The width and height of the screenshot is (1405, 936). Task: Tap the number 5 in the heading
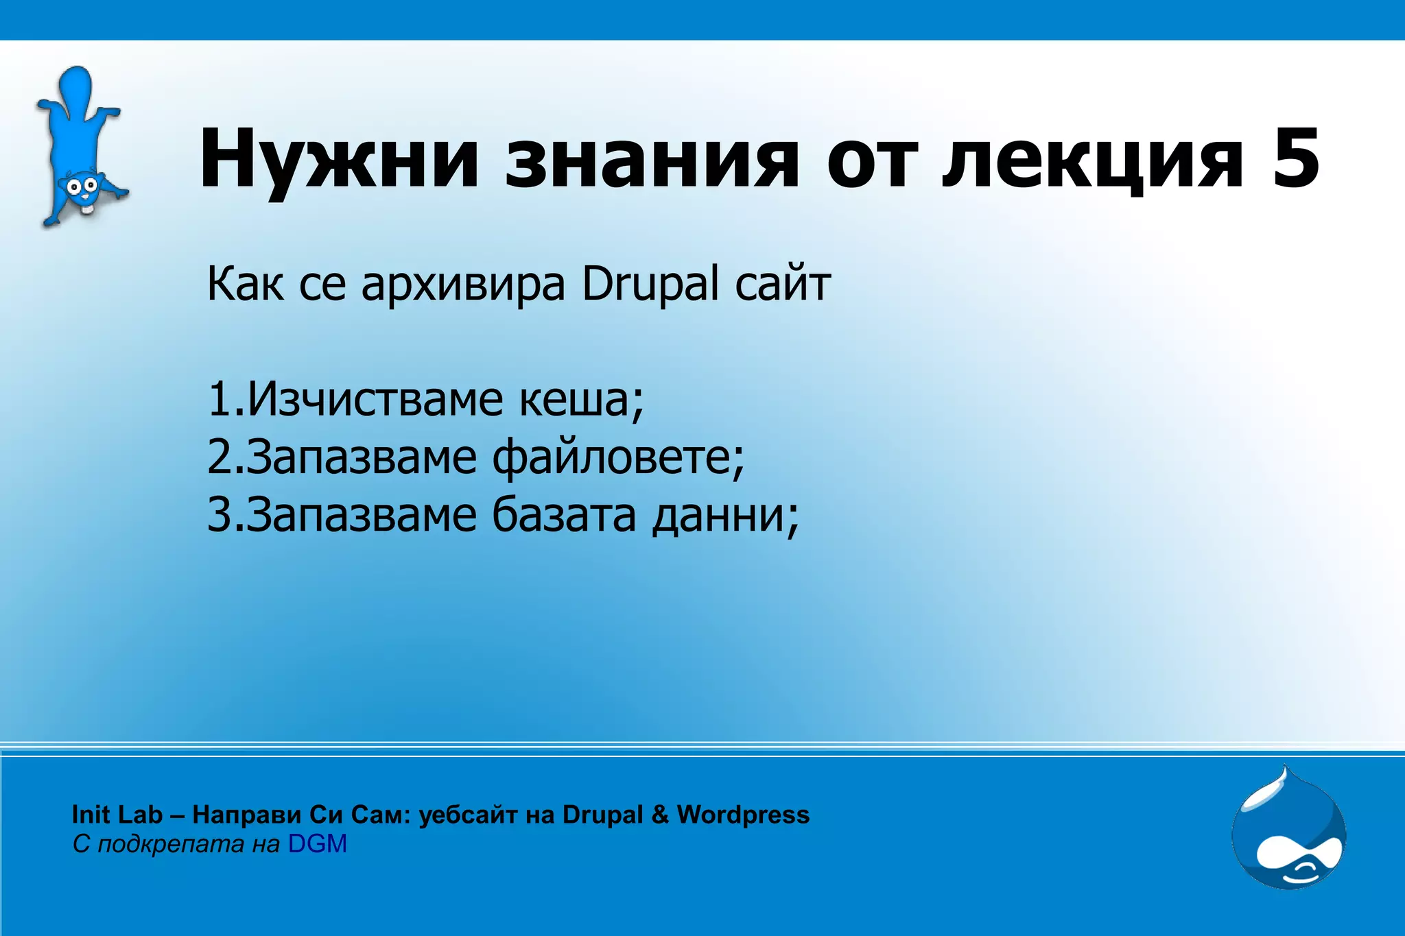coord(1296,159)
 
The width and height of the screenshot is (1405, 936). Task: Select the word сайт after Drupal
coord(783,284)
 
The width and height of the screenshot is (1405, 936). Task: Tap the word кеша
coord(580,400)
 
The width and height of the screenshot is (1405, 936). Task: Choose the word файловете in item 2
coord(617,457)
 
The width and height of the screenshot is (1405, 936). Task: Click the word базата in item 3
coord(564,514)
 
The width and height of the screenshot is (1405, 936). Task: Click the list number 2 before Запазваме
coord(221,457)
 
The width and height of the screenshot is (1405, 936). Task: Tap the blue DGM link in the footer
coord(317,843)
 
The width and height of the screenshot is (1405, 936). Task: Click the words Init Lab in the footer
coord(117,815)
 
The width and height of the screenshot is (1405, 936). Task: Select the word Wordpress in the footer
coord(743,815)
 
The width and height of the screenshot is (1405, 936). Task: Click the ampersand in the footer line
coord(659,815)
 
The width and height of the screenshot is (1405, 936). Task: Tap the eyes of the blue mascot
coord(81,185)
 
